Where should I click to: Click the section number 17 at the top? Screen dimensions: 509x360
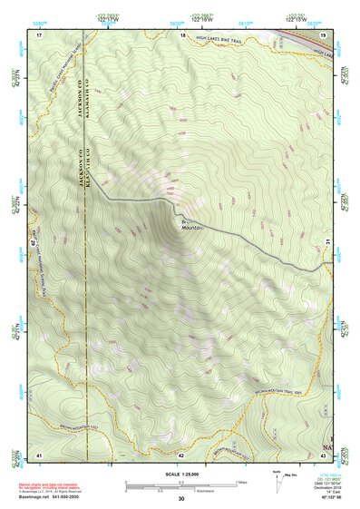pos(39,34)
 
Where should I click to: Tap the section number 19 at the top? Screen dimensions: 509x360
pos(322,34)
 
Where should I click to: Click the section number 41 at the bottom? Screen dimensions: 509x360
pos(39,453)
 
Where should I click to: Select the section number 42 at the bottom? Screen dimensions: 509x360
pos(181,453)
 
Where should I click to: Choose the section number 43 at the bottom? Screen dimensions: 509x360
pos(322,453)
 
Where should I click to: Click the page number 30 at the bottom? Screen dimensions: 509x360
pos(181,499)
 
